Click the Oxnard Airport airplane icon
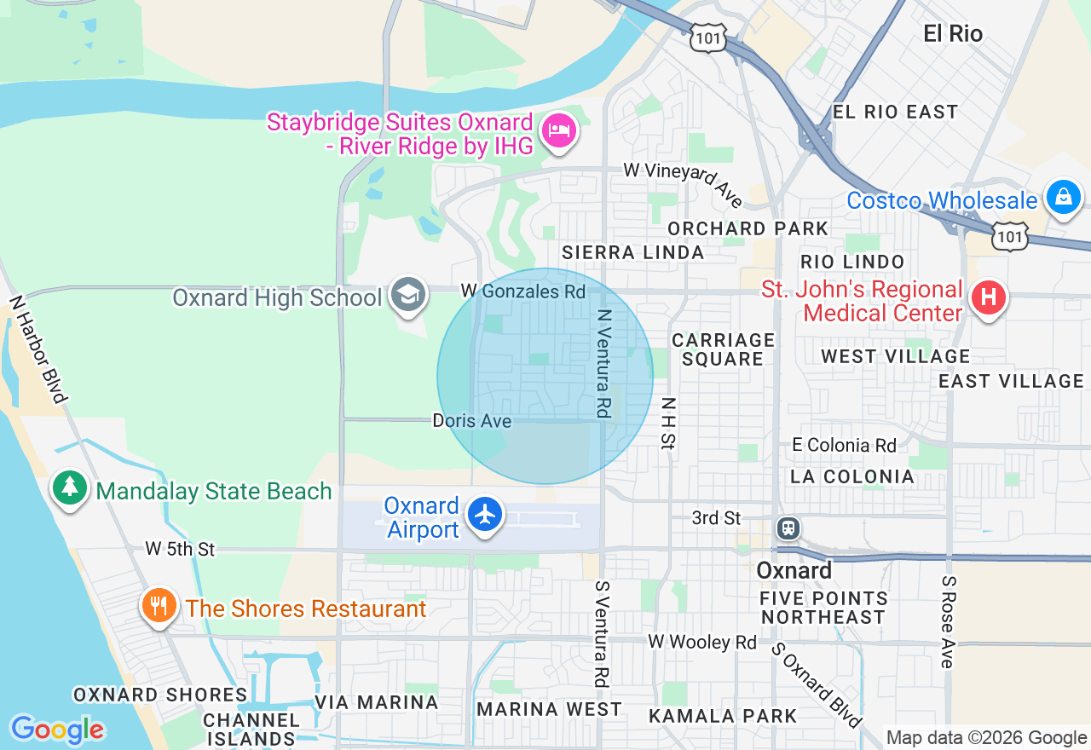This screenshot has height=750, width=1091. pyautogui.click(x=486, y=515)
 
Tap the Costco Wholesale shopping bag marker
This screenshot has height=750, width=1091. pyautogui.click(x=1063, y=198)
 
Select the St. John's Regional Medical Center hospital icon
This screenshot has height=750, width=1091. pyautogui.click(x=989, y=298)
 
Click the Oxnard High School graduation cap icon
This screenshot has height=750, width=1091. pyautogui.click(x=408, y=295)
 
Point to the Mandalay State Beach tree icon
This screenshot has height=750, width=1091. pyautogui.click(x=70, y=488)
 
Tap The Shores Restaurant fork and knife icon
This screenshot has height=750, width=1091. pyautogui.click(x=159, y=606)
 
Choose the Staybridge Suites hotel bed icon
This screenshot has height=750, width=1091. pyautogui.click(x=559, y=131)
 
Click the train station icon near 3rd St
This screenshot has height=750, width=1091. pyautogui.click(x=788, y=528)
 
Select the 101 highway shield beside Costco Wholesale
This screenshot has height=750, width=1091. pyautogui.click(x=1010, y=236)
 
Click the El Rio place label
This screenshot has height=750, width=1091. pyautogui.click(x=953, y=34)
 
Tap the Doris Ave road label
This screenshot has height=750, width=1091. pyautogui.click(x=472, y=421)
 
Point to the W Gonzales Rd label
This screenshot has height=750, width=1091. pyautogui.click(x=522, y=291)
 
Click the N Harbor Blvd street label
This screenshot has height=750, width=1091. pyautogui.click(x=38, y=349)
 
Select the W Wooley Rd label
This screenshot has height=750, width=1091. pyautogui.click(x=701, y=642)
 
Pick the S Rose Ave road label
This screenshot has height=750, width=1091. pyautogui.click(x=948, y=621)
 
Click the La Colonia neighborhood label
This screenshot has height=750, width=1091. pyautogui.click(x=851, y=476)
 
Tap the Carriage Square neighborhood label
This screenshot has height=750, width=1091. pyautogui.click(x=723, y=349)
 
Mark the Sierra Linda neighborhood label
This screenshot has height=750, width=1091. pyautogui.click(x=632, y=252)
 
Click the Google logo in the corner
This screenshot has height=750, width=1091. pyautogui.click(x=57, y=730)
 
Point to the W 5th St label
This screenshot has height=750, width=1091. pyautogui.click(x=180, y=549)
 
